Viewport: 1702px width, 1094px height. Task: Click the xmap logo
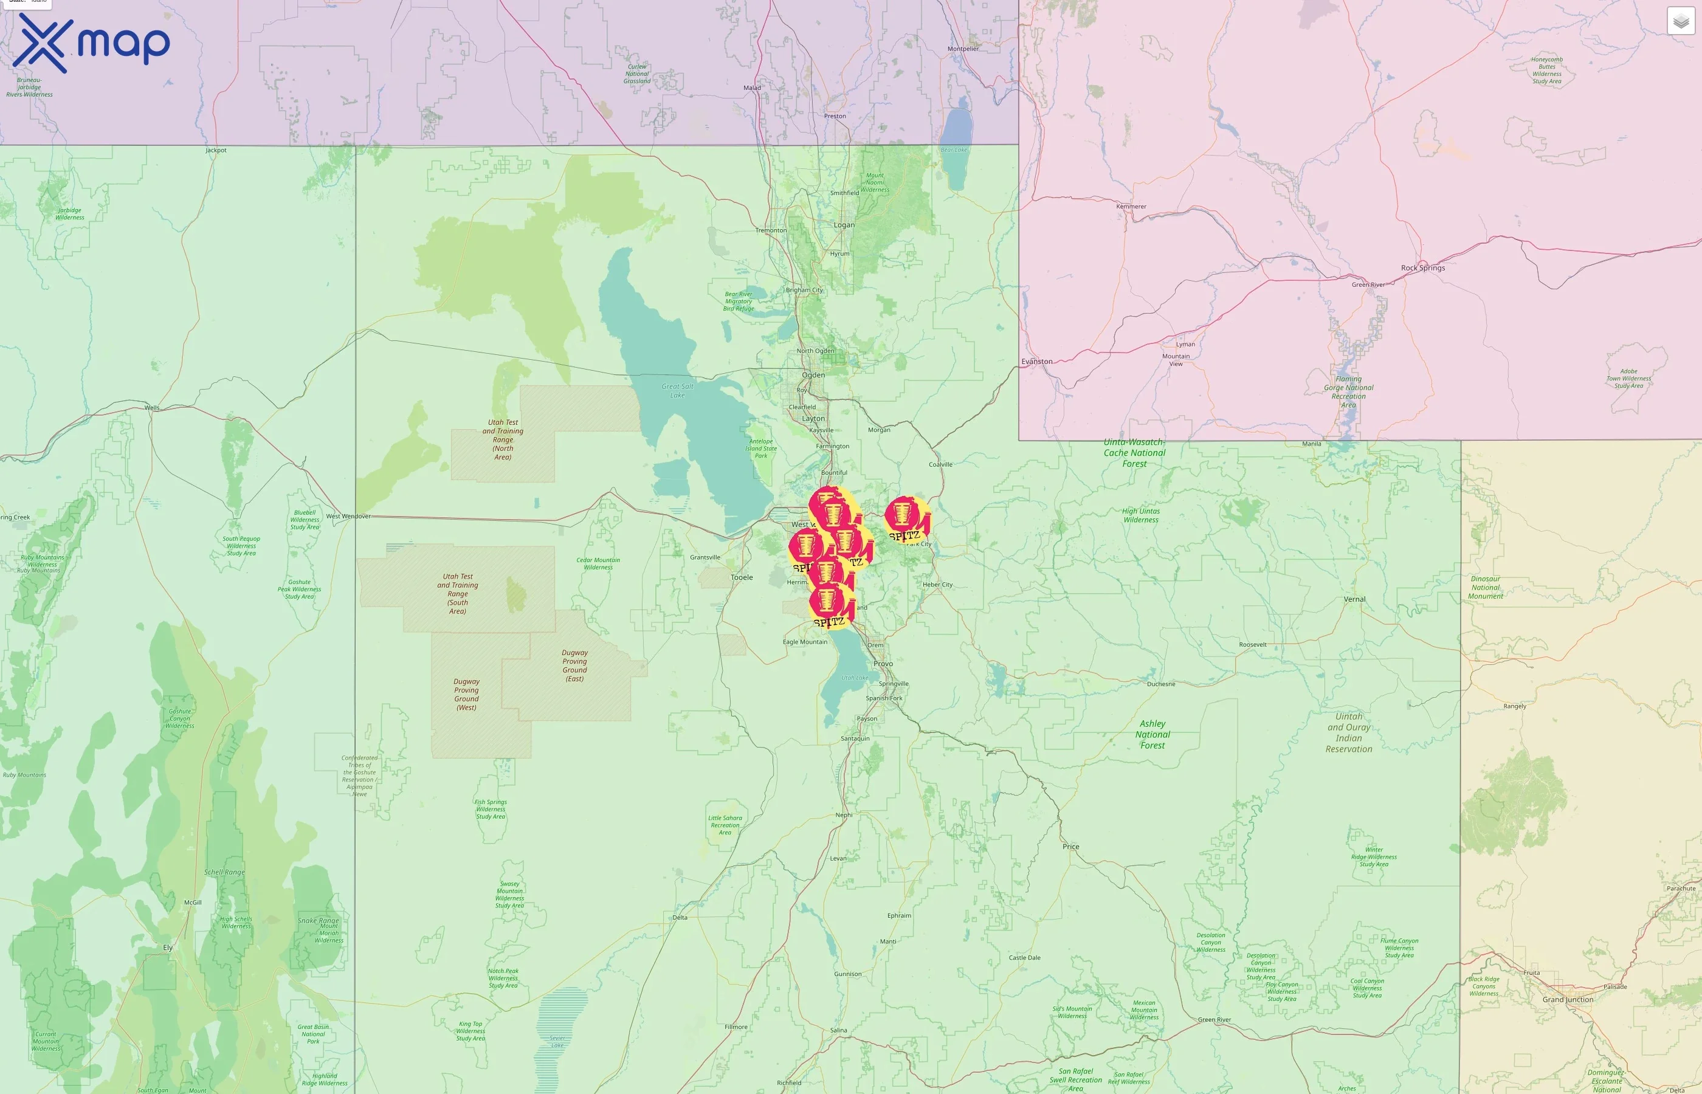[x=91, y=44]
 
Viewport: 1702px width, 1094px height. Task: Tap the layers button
[x=1680, y=21]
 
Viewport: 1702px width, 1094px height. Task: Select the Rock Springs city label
[x=1423, y=268]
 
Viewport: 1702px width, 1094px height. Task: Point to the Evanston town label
[x=1036, y=362]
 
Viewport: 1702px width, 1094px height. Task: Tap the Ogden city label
[x=813, y=375]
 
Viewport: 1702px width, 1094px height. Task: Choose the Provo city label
[x=883, y=664]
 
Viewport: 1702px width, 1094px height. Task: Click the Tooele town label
[x=742, y=577]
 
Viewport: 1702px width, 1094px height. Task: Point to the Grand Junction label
[x=1568, y=1000]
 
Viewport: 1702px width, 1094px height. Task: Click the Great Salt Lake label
[x=677, y=391]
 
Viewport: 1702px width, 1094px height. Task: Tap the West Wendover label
[x=348, y=517]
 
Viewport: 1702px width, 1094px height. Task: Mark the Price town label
[x=1070, y=847]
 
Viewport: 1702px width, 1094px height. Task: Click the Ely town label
[x=168, y=948]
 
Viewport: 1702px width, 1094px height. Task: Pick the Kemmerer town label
[x=1131, y=207]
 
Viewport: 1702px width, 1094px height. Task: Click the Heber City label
[x=938, y=585]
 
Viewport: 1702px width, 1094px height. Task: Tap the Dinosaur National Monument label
[x=1486, y=588]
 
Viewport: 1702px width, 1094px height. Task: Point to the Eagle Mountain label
[x=805, y=642]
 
